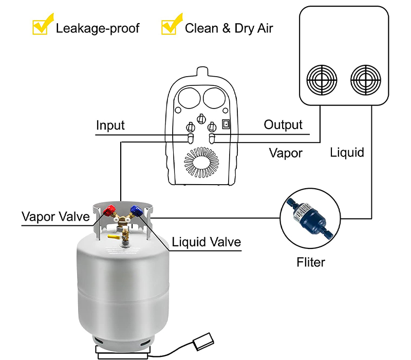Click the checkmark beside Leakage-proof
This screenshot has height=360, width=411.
40,26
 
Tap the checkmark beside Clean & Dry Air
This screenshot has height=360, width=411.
170,26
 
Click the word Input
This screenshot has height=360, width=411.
110,125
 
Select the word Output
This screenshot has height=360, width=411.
283,124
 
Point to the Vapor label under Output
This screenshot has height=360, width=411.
286,153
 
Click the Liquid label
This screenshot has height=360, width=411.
347,152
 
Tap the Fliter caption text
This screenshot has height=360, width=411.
311,262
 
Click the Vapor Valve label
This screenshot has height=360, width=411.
55,217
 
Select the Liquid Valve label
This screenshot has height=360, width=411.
206,242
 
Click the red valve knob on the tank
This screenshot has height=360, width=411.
109,209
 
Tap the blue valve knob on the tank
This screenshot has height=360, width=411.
137,210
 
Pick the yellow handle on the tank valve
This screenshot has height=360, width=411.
115,237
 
